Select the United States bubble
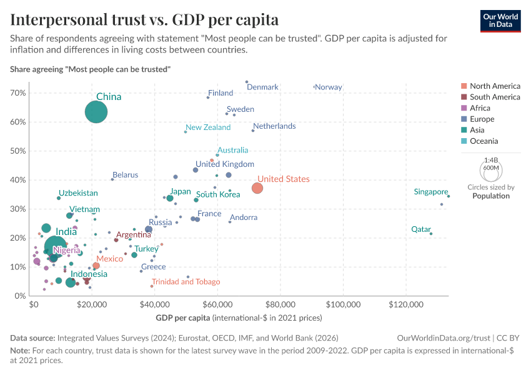(x=257, y=188)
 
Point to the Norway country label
(x=329, y=87)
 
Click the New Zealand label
(x=208, y=127)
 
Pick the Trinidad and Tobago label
(x=186, y=282)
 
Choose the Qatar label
(x=421, y=229)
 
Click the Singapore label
(x=431, y=192)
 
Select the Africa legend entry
(x=480, y=108)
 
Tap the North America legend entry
(x=495, y=86)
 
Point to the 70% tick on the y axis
(x=18, y=93)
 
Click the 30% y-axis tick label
(x=18, y=209)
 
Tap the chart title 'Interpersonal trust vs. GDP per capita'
(x=144, y=19)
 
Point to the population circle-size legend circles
(x=491, y=169)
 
